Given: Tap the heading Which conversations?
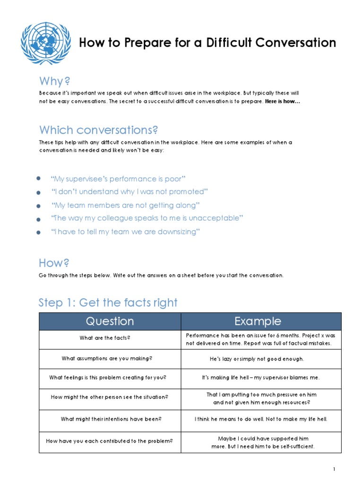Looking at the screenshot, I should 98,130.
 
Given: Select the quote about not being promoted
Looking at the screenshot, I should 130,192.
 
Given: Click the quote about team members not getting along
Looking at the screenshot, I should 126,205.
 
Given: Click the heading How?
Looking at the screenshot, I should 54,263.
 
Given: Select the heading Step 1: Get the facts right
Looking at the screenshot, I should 108,302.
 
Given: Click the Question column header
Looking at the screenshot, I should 110,321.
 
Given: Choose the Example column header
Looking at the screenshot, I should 258,321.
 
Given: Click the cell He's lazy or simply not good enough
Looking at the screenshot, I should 257,359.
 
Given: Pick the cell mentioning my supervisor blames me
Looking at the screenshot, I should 260,378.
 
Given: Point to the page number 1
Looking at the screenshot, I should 334,469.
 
